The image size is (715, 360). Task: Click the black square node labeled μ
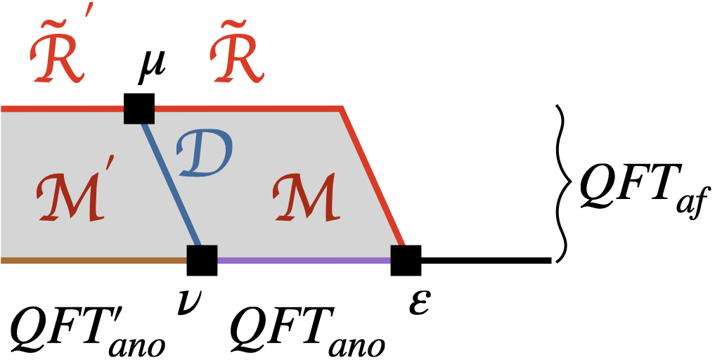click(139, 108)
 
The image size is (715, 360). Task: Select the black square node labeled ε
click(406, 260)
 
